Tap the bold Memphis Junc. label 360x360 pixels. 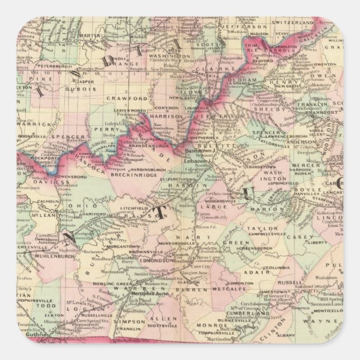coord(148,293)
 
